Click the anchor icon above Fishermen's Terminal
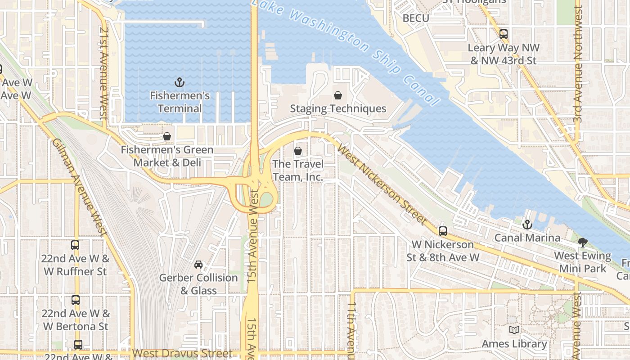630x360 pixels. (180, 82)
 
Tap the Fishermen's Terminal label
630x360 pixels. (180, 102)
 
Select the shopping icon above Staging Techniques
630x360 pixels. (338, 95)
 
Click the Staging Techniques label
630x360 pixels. (338, 108)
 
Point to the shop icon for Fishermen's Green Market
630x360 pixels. (167, 136)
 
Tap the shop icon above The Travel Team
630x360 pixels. (297, 151)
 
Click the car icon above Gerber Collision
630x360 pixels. (198, 264)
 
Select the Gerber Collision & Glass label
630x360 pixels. (198, 284)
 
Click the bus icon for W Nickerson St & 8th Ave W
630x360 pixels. (443, 231)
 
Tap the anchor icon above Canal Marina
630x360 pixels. (527, 224)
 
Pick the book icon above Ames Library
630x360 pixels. (514, 330)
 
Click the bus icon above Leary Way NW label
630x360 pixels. (504, 34)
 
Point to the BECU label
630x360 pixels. (416, 18)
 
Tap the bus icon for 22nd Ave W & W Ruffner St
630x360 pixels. (75, 245)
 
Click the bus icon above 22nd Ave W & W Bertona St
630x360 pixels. (75, 300)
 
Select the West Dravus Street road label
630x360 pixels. (183, 354)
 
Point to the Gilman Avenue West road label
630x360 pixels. (79, 187)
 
